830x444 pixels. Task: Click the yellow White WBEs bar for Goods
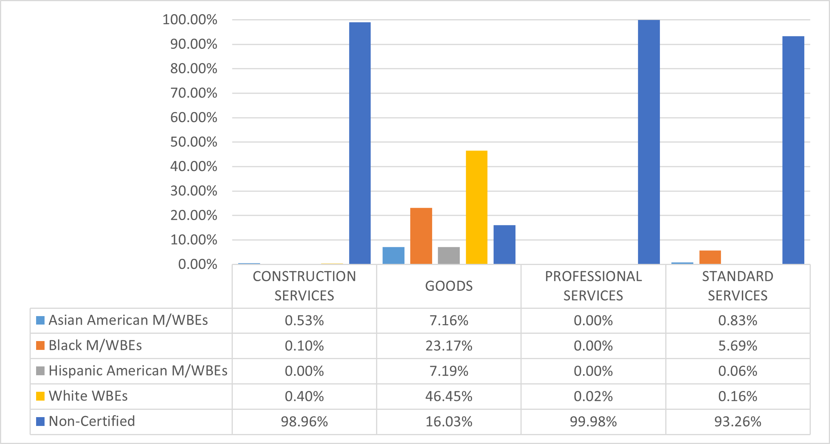tap(476, 207)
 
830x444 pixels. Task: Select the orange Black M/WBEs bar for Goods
tap(421, 236)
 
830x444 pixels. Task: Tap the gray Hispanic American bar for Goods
tap(449, 255)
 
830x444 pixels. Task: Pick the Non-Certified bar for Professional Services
tap(649, 142)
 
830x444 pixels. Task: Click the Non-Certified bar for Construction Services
tap(360, 143)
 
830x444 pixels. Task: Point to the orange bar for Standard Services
tap(710, 257)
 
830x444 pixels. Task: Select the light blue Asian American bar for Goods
tap(393, 255)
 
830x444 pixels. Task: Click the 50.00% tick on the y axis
tap(194, 142)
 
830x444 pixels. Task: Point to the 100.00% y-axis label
tap(190, 20)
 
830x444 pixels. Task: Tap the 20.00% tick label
tap(194, 215)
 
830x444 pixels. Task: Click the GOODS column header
tap(449, 286)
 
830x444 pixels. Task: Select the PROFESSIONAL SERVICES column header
tap(593, 286)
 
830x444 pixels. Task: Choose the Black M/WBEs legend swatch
tap(40, 345)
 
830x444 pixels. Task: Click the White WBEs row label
tap(88, 396)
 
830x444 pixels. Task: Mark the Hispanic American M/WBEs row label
tap(138, 371)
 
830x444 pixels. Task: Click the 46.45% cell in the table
tap(449, 396)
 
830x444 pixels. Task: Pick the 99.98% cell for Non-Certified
tap(593, 422)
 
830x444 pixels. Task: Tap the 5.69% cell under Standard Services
tap(737, 346)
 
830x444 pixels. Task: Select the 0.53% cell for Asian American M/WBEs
tap(304, 320)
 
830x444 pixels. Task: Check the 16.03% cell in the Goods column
tap(449, 422)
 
